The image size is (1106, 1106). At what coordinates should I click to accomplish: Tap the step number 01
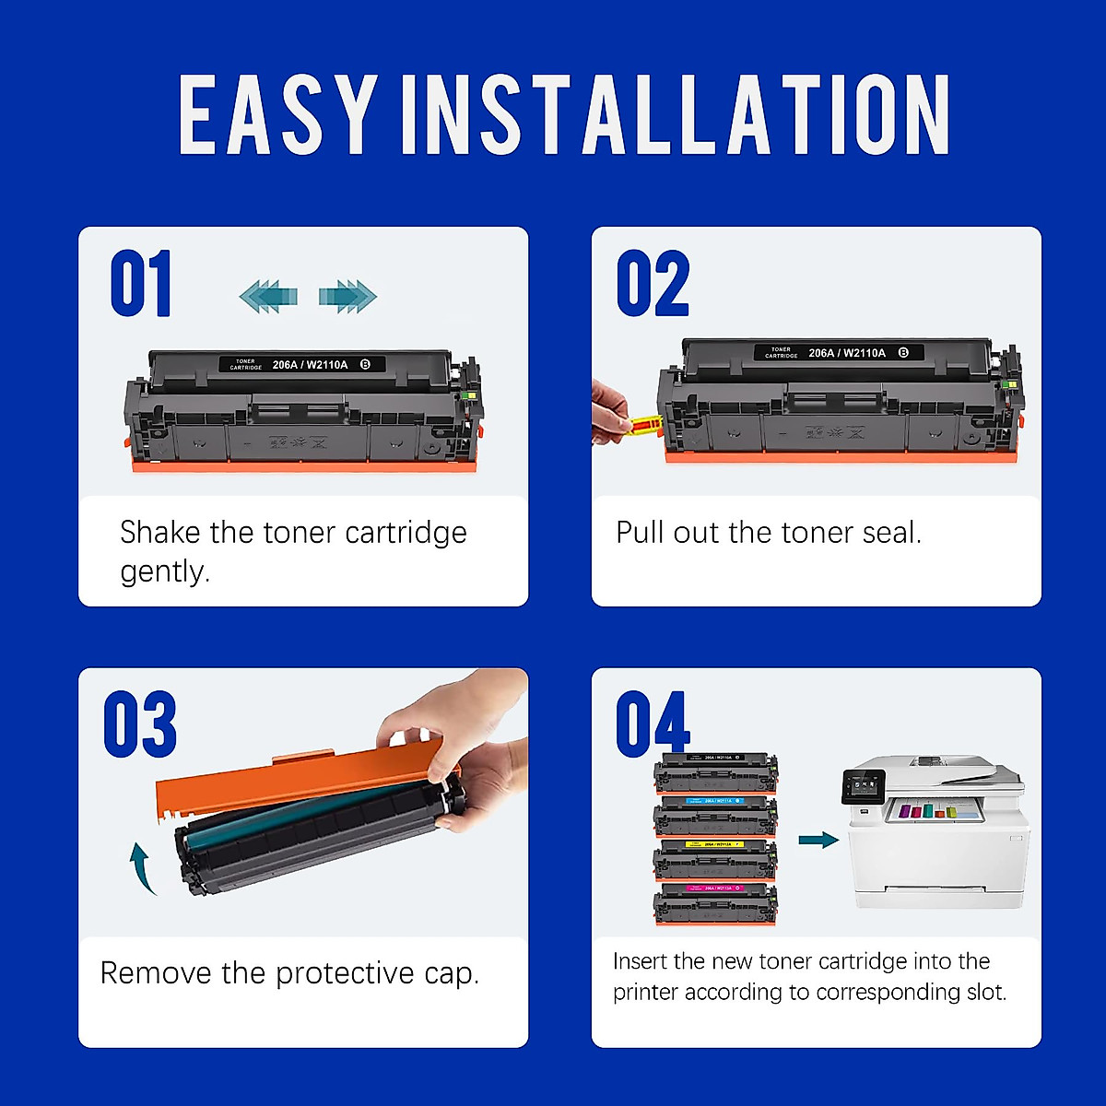pos(141,284)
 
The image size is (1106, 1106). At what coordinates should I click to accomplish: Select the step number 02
pos(653,284)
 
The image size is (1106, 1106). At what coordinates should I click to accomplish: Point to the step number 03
pos(140,724)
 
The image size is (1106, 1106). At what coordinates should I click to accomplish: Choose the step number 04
pos(653,724)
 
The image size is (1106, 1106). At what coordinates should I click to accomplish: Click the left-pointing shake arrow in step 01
pos(268,296)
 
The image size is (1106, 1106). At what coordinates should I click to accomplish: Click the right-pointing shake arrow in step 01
pos(347,296)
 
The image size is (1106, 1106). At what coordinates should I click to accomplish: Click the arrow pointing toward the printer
pos(818,840)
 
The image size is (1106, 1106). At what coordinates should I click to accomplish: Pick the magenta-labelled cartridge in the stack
pos(715,903)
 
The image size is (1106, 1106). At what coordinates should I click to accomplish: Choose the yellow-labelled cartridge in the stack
pos(715,859)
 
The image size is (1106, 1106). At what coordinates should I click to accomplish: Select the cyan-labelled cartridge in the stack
pos(715,815)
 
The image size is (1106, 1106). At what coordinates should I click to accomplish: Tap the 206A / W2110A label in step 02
pos(846,353)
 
